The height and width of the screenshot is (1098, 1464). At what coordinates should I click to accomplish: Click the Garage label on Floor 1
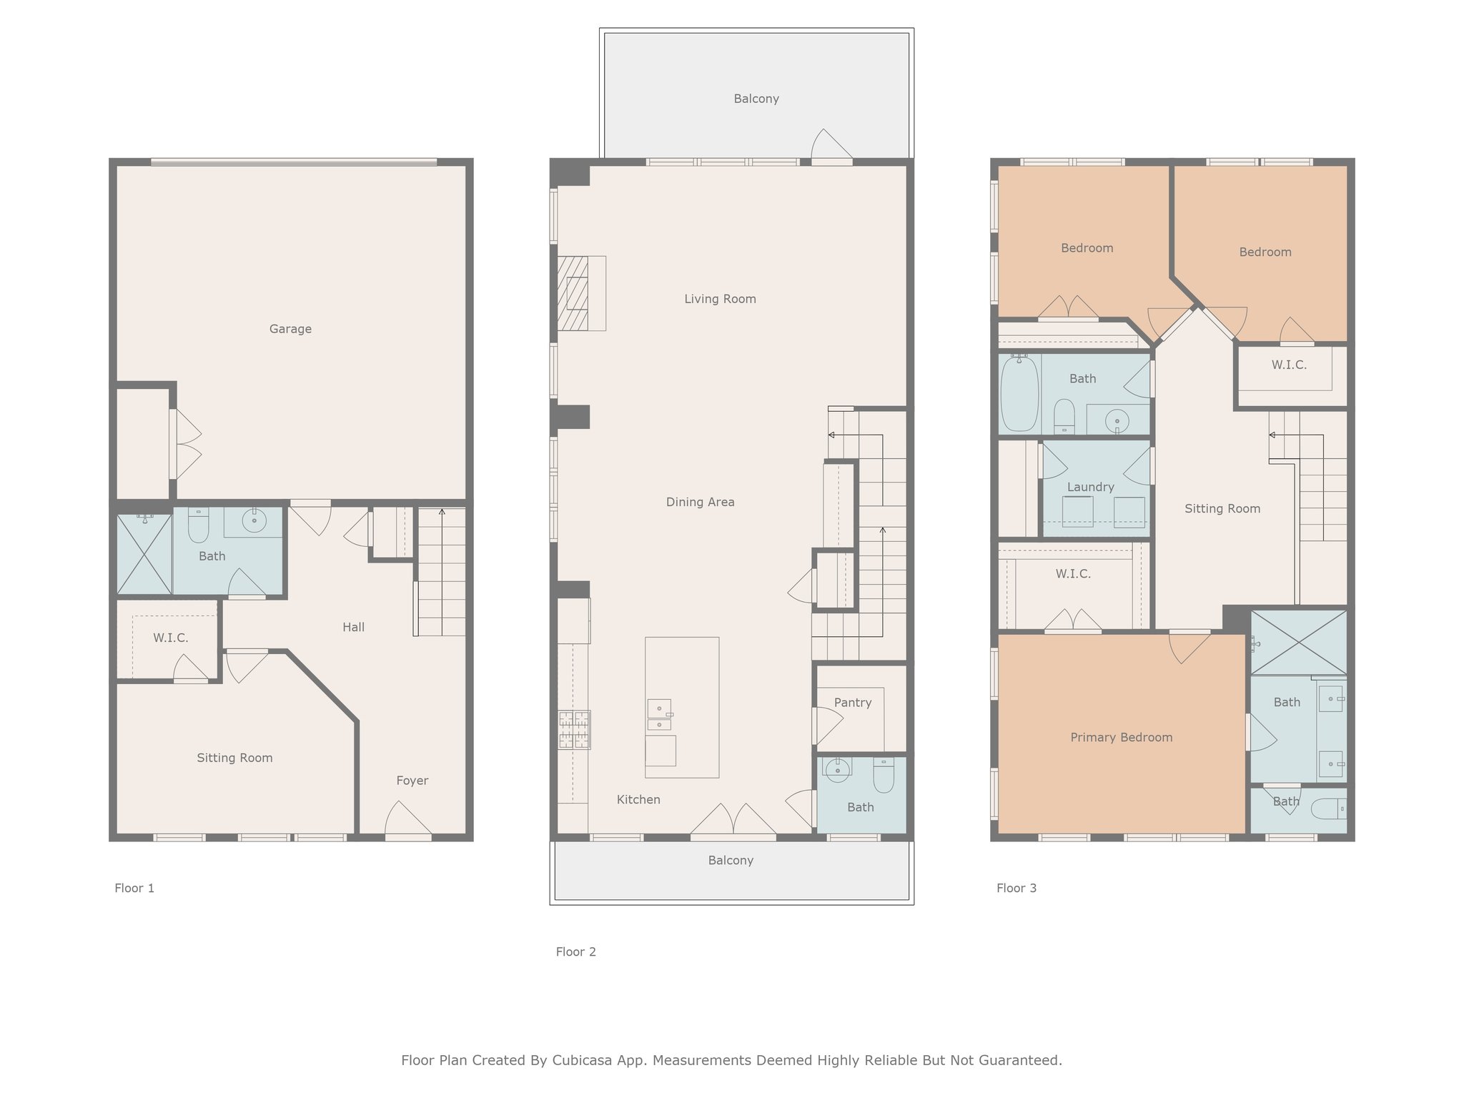[x=290, y=329]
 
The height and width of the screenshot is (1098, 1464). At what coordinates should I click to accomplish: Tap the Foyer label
[x=412, y=781]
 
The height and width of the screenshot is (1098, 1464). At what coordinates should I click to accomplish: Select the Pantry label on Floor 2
[x=853, y=703]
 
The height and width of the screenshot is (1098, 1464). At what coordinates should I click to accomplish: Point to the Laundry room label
[x=1091, y=488]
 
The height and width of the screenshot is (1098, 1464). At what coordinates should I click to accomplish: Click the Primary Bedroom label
[x=1122, y=738]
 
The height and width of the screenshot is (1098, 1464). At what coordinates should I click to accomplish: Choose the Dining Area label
[x=701, y=502]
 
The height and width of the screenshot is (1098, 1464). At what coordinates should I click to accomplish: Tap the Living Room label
[x=720, y=299]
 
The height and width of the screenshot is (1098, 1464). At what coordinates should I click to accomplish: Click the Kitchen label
[x=638, y=800]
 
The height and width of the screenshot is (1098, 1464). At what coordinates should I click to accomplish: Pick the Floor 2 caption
[x=576, y=951]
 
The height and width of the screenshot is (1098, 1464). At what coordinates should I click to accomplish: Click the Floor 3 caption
[x=1017, y=888]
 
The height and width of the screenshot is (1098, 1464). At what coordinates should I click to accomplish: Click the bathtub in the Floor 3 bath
[x=1019, y=394]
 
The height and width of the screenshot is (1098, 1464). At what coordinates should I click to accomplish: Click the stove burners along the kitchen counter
[x=575, y=730]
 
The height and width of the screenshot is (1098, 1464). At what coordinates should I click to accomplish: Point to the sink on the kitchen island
[x=659, y=714]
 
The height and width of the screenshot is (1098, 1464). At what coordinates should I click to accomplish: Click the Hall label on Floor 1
[x=353, y=628]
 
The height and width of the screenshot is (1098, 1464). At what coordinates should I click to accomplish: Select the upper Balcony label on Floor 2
[x=756, y=99]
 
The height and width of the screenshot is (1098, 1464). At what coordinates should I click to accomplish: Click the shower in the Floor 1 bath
[x=144, y=553]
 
